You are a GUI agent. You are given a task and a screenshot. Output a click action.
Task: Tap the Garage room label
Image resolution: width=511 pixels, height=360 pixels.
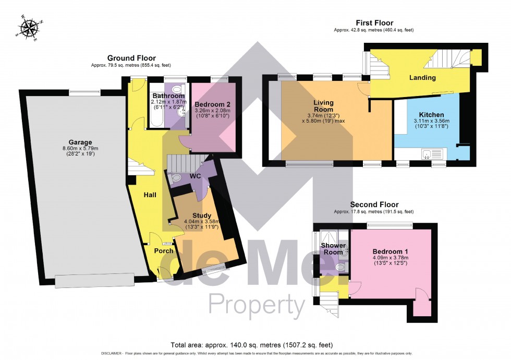(80, 142)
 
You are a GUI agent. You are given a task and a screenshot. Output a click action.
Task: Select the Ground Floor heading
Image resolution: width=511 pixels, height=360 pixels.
(131, 58)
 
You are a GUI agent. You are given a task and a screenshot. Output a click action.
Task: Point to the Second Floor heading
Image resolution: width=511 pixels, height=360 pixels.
(374, 205)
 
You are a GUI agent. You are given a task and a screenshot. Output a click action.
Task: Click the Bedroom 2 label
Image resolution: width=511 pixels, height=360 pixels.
(212, 104)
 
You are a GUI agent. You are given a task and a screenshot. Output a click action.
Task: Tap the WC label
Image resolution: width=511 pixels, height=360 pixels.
(195, 176)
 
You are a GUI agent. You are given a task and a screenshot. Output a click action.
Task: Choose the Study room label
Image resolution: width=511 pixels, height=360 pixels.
(201, 215)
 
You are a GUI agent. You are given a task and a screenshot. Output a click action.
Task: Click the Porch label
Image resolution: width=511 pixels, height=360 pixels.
(164, 251)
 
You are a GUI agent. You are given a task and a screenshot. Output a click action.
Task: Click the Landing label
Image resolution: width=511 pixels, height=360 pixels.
(422, 78)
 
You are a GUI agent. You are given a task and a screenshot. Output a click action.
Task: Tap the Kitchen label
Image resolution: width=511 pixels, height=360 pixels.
(432, 115)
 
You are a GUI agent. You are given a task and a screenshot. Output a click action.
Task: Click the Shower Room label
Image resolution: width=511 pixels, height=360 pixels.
(333, 248)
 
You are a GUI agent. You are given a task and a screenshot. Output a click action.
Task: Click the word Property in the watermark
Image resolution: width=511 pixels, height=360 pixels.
(257, 304)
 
